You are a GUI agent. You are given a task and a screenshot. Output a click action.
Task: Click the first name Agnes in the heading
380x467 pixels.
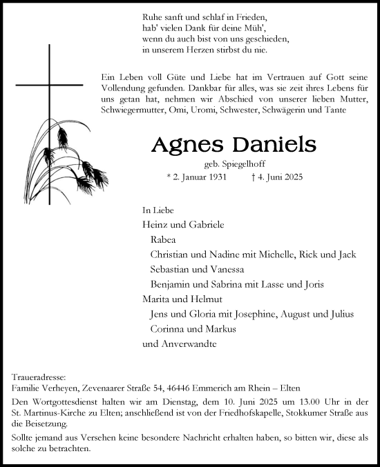tap(182, 146)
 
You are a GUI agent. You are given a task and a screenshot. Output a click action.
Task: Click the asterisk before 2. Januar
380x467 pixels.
tap(170, 178)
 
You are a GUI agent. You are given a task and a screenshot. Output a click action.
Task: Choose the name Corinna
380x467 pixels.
tap(167, 329)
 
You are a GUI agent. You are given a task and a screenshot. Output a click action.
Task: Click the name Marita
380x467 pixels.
tap(155, 299)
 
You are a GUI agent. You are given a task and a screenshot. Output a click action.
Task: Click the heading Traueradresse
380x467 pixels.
tap(39, 378)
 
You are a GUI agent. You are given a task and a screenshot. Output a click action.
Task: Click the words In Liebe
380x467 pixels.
tap(157, 209)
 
